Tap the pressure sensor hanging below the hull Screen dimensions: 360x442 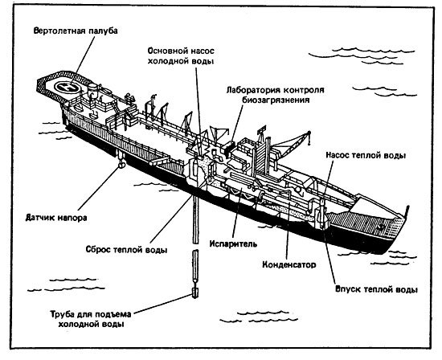(x=117, y=165)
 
